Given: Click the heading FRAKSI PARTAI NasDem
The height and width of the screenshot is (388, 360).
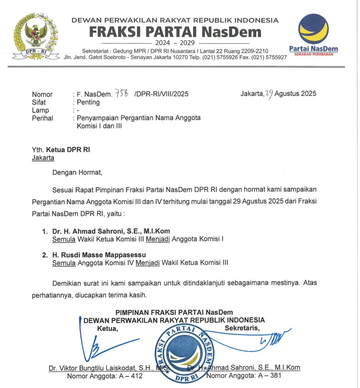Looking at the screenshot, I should pos(175,32).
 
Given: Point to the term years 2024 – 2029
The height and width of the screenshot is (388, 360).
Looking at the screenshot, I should pos(175,43).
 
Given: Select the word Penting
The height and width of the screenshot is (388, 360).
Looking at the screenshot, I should pos(88,102).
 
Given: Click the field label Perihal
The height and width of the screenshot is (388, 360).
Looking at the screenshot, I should pos(42,118).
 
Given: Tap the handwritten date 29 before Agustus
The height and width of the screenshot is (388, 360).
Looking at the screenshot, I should pos(269,94).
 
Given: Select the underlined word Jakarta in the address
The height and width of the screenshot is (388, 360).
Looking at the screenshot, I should pos(43,158).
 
